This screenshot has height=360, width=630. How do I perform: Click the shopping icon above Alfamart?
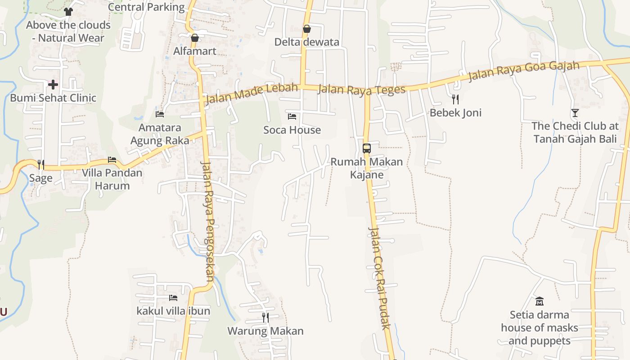[195, 38]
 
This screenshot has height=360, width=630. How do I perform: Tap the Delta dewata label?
[307, 42]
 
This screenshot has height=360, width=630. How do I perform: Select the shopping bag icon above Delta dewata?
[307, 29]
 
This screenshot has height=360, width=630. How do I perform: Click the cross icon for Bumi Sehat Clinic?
[53, 85]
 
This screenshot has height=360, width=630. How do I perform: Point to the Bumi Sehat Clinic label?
[53, 98]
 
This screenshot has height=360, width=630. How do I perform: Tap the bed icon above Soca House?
[292, 117]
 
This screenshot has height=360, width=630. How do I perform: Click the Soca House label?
[292, 130]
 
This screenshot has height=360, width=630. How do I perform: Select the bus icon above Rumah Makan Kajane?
[367, 148]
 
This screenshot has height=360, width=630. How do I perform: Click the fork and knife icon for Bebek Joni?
[455, 99]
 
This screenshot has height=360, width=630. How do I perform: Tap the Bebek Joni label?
[455, 112]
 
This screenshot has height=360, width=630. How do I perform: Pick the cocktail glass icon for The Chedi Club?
[575, 113]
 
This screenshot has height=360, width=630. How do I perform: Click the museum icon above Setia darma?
[539, 301]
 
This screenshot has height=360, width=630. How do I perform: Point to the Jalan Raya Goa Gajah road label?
[524, 72]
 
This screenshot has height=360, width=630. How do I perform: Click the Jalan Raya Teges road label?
[361, 90]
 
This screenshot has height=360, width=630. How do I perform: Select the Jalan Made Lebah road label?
[251, 94]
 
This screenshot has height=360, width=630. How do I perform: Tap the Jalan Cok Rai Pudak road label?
[379, 278]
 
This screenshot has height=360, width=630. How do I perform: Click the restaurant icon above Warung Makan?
[265, 318]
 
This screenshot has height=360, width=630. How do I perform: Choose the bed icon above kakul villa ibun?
[173, 298]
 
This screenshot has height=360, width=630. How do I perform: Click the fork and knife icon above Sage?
[40, 165]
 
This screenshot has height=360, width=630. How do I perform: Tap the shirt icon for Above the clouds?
[68, 12]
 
